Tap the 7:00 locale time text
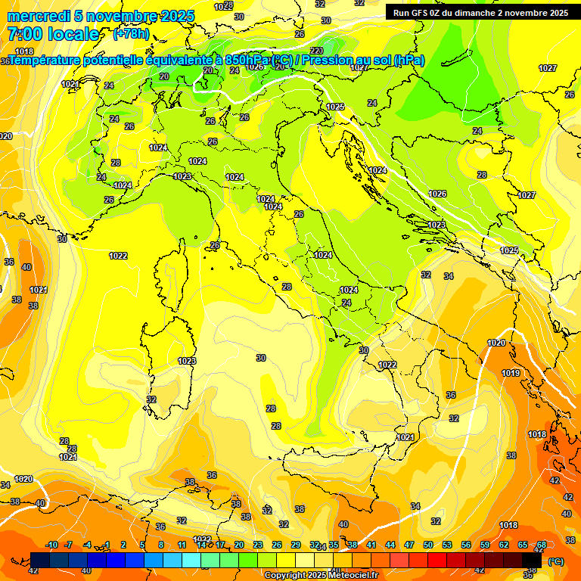pyautogui.click(x=53, y=34)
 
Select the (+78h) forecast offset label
pyautogui.click(x=130, y=34)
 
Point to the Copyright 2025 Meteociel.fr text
pyautogui.click(x=321, y=575)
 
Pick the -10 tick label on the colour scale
pyautogui.click(x=51, y=545)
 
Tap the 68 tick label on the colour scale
pyautogui.click(x=542, y=545)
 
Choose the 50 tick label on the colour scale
pyautogui.click(x=428, y=545)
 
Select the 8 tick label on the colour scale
pyautogui.click(x=161, y=545)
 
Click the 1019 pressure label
pyautogui.click(x=511, y=373)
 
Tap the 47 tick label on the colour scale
pyautogui.click(x=409, y=545)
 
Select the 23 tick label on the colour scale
pyautogui.click(x=258, y=545)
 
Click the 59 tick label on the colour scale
pyautogui.click(x=485, y=545)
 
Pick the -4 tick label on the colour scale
pyautogui.click(x=88, y=545)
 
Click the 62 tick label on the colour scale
pyautogui.click(x=504, y=545)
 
